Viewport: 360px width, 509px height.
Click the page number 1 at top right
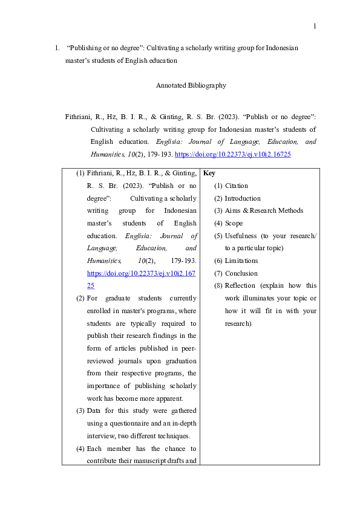315,26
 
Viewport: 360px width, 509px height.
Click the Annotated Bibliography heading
191,85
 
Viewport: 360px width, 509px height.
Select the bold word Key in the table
209,173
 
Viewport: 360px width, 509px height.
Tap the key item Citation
236,186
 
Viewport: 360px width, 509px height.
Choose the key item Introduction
243,198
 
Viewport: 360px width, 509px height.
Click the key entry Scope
234,223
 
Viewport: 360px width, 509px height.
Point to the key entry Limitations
241,261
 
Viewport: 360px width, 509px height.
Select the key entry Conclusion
241,273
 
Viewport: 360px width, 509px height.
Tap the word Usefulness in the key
240,235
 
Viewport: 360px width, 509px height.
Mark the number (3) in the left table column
80,411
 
